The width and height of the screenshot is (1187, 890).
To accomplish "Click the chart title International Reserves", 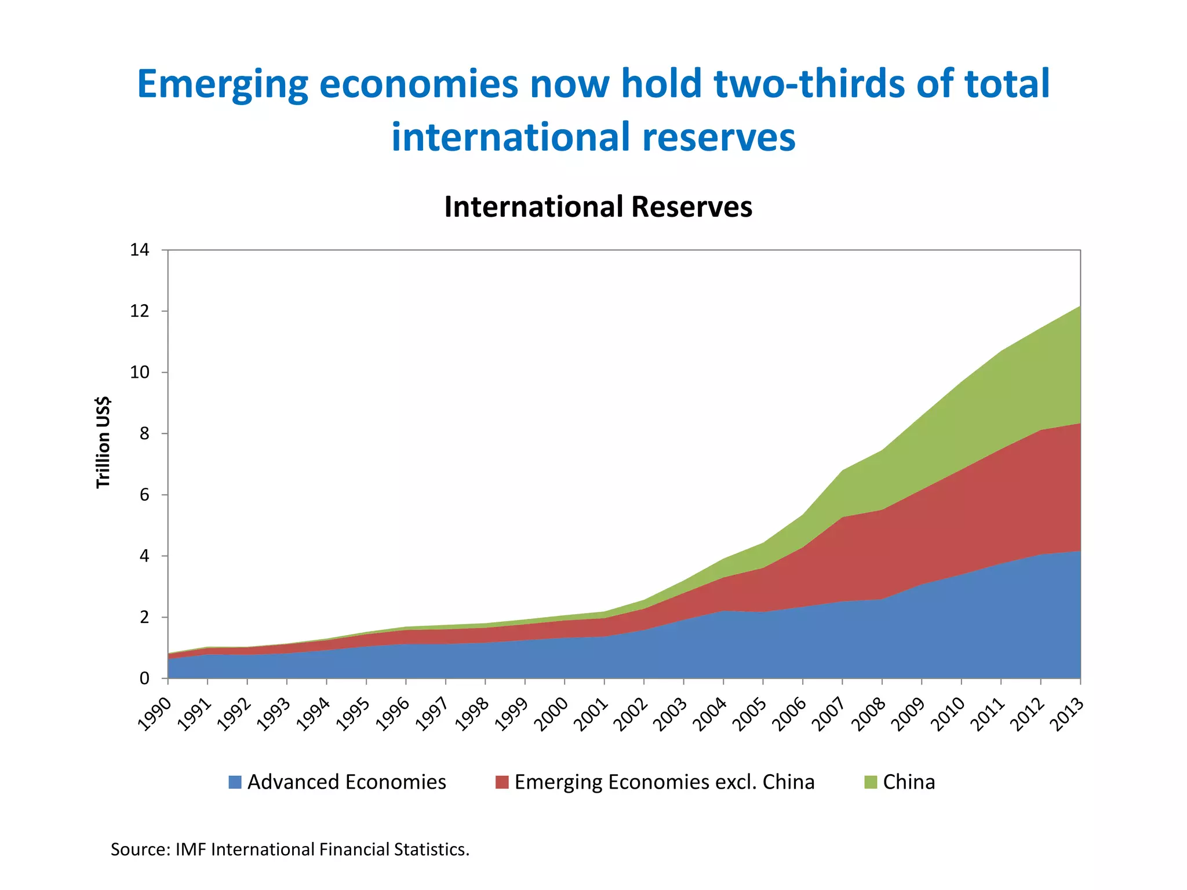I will pyautogui.click(x=598, y=207).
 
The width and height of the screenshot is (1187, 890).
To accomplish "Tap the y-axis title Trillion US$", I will pyautogui.click(x=103, y=442).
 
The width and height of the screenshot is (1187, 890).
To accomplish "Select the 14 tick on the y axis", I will pyautogui.click(x=140, y=250).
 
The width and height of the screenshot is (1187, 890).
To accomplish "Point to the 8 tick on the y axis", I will pyautogui.click(x=144, y=433).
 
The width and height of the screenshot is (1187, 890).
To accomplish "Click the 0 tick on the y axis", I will pyautogui.click(x=144, y=678).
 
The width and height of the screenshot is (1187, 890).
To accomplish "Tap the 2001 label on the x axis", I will pyautogui.click(x=591, y=714).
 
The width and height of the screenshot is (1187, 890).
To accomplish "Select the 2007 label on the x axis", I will pyautogui.click(x=829, y=714).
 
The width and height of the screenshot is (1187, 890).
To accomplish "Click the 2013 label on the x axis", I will pyautogui.click(x=1067, y=714).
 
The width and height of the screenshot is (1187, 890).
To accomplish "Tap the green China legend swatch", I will pyautogui.click(x=871, y=782).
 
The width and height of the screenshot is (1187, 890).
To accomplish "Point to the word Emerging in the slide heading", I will pyautogui.click(x=223, y=84).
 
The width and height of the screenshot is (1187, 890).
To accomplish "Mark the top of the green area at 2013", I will pyautogui.click(x=1080, y=307).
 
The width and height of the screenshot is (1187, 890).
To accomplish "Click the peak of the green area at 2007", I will pyautogui.click(x=842, y=470).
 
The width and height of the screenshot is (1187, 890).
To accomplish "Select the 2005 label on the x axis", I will pyautogui.click(x=749, y=714).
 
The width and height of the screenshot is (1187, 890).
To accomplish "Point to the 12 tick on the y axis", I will pyautogui.click(x=140, y=311).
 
